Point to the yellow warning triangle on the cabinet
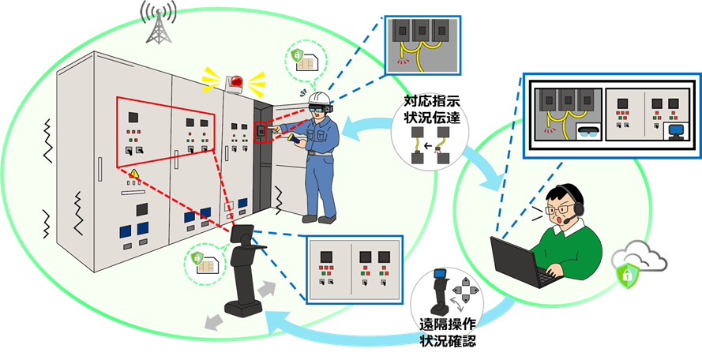[x=135, y=174]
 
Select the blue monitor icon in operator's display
[x=675, y=132]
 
